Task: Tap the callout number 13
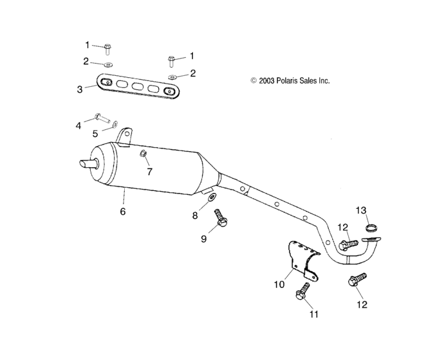point(362,211)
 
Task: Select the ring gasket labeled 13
point(371,226)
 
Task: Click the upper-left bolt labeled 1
point(107,47)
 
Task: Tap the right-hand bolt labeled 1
point(172,61)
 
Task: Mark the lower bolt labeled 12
point(356,280)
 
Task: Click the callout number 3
point(79,90)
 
